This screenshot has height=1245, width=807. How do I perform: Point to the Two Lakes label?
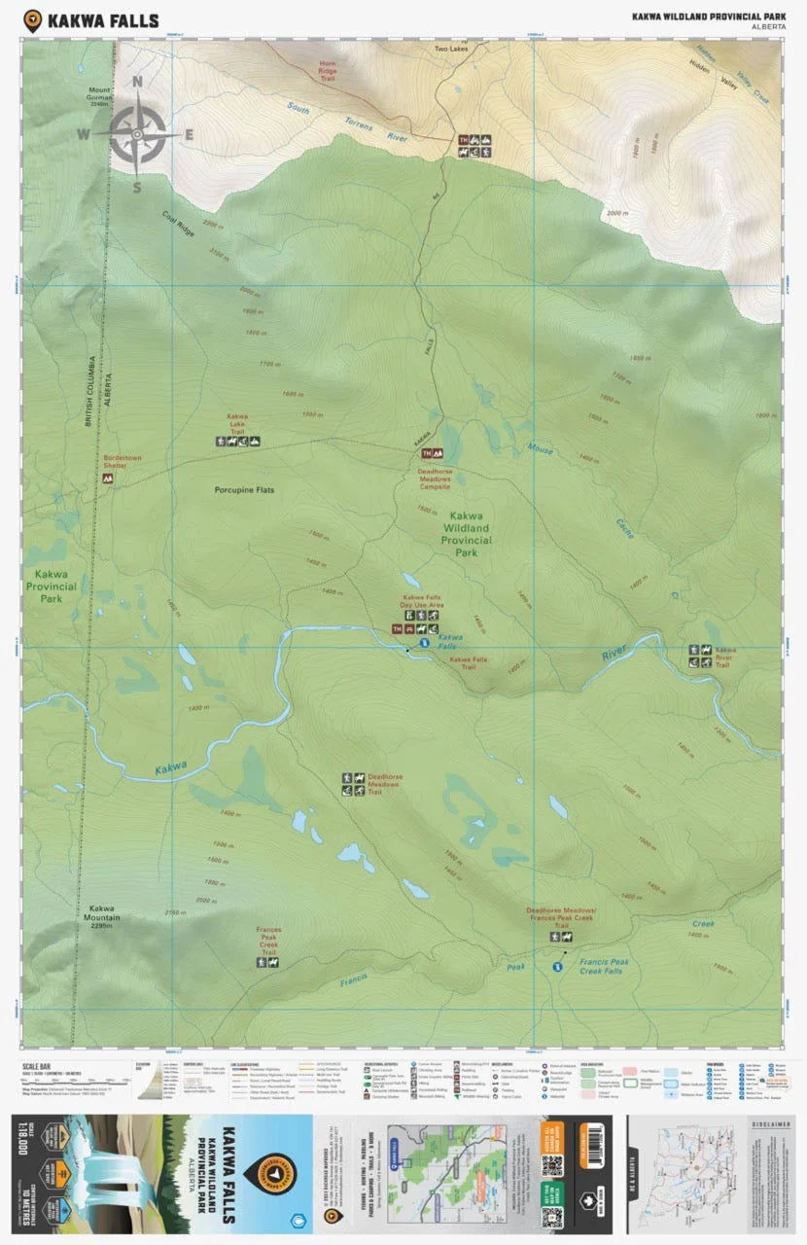[x=451, y=48]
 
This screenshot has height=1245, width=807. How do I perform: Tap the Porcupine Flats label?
[x=245, y=489]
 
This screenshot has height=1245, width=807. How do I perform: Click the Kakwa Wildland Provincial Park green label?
[x=466, y=533]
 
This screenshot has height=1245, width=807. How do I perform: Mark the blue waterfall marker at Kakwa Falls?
[x=424, y=643]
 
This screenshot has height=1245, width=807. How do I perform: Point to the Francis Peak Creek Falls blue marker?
[x=558, y=967]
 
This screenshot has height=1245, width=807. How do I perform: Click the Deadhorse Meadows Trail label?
[x=385, y=784]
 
